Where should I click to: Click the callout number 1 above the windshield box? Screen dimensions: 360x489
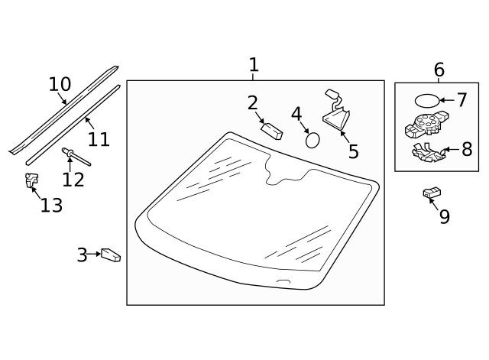click(254, 66)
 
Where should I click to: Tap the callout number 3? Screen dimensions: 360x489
click(82, 255)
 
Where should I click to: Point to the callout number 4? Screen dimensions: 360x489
click(296, 115)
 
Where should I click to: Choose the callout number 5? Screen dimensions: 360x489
click(353, 151)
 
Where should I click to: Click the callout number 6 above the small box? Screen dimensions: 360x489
click(439, 70)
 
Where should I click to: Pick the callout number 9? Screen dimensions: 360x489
click(445, 216)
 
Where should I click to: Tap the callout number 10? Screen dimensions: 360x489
click(60, 84)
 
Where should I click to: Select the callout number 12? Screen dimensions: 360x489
click(73, 180)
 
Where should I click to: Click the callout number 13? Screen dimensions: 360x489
click(51, 205)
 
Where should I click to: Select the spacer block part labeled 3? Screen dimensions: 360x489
click(112, 254)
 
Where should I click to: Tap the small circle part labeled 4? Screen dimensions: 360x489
click(313, 140)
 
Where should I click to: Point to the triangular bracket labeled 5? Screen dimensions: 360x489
click(337, 119)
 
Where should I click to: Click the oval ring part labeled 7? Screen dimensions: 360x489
click(427, 100)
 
